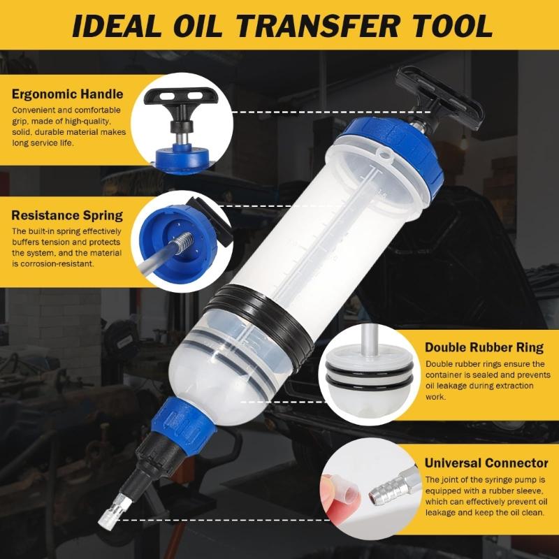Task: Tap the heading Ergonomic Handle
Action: coord(67,94)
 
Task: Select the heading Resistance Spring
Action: coord(67,215)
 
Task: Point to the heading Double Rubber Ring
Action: coord(484,347)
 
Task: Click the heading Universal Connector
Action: coord(486,463)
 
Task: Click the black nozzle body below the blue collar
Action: coord(150,461)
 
